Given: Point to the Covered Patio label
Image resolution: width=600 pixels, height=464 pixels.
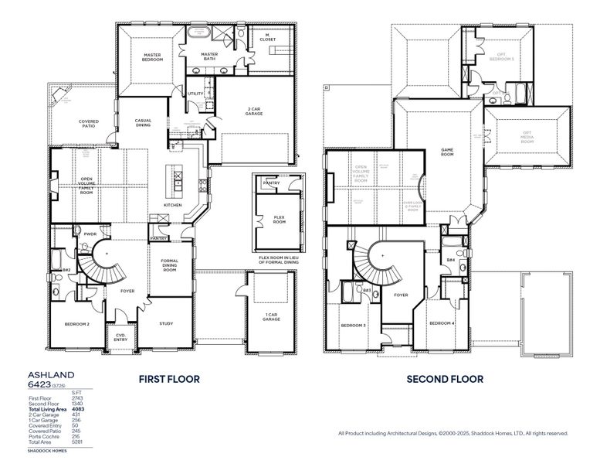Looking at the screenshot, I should pyautogui.click(x=89, y=124).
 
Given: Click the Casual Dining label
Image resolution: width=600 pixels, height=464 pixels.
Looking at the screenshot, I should pyautogui.click(x=143, y=123).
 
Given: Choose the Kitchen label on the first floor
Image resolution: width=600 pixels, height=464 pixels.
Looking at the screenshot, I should pyautogui.click(x=172, y=205).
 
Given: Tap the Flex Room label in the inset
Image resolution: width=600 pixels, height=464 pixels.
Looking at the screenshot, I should pyautogui.click(x=279, y=220).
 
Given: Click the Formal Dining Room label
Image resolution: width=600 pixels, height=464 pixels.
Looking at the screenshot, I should pyautogui.click(x=169, y=267).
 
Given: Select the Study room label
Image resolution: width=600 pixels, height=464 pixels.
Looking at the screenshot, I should pyautogui.click(x=166, y=323).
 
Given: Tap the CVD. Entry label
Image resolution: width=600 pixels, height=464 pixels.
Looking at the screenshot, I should pyautogui.click(x=121, y=337).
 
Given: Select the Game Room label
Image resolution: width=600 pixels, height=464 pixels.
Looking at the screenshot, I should pyautogui.click(x=446, y=150).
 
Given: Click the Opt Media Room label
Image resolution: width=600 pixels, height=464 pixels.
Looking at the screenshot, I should pyautogui.click(x=527, y=136).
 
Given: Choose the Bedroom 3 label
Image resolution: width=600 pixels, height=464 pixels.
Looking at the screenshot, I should pyautogui.click(x=354, y=326).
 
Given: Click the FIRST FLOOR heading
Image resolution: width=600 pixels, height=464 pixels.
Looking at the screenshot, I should pyautogui.click(x=169, y=379).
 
